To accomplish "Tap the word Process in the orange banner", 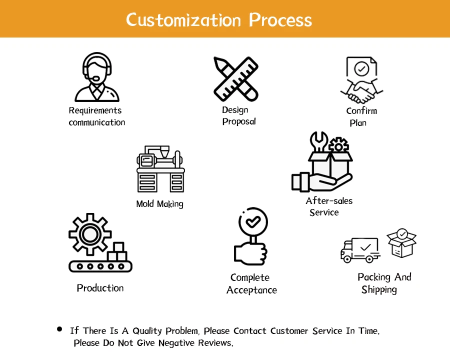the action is pos(280,19).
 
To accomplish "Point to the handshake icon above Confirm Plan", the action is pos(361,91).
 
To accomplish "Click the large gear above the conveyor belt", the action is pos(89,233).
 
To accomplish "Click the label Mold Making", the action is pos(159,204).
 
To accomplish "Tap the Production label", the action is pos(100,288).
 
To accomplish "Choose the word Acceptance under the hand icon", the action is pos(251,290).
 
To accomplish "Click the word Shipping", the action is pos(379,290).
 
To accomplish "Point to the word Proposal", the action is pos(239,121).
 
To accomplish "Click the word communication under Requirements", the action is pos(97,122).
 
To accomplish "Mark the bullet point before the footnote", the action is pos(60,329).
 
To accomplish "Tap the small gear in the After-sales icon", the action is pos(339,145).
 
